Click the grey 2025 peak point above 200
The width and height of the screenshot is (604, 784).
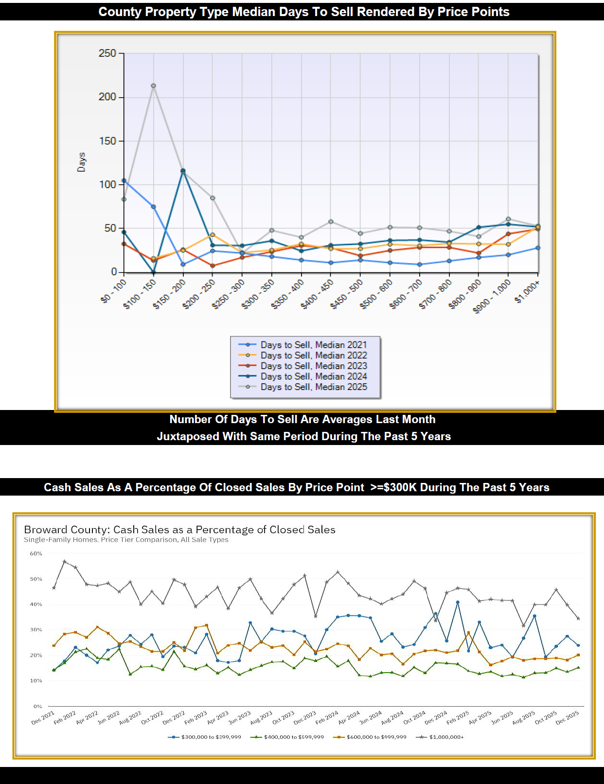pyautogui.click(x=153, y=86)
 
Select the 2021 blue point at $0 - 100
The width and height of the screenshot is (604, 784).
pyautogui.click(x=124, y=180)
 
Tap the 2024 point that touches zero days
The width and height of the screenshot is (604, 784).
pyautogui.click(x=154, y=272)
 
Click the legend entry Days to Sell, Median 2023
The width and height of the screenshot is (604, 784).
pyautogui.click(x=313, y=366)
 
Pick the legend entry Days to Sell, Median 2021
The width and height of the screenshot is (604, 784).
pyautogui.click(x=313, y=345)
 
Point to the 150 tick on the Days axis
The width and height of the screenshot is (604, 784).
pyautogui.click(x=107, y=141)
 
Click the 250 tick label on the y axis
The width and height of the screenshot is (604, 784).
pyautogui.click(x=107, y=53)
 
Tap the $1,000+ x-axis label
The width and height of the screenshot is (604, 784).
pyautogui.click(x=527, y=292)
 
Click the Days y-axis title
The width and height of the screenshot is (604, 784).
pyautogui.click(x=81, y=162)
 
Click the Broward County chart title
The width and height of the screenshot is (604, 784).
pyautogui.click(x=179, y=529)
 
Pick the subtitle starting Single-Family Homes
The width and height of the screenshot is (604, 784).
pyautogui.click(x=126, y=540)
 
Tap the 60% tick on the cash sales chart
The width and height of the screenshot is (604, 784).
pyautogui.click(x=36, y=553)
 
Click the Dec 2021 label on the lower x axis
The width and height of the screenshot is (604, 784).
pyautogui.click(x=43, y=717)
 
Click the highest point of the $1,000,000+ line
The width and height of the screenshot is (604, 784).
pyautogui.click(x=65, y=561)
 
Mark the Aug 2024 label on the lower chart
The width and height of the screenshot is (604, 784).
pyautogui.click(x=392, y=717)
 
